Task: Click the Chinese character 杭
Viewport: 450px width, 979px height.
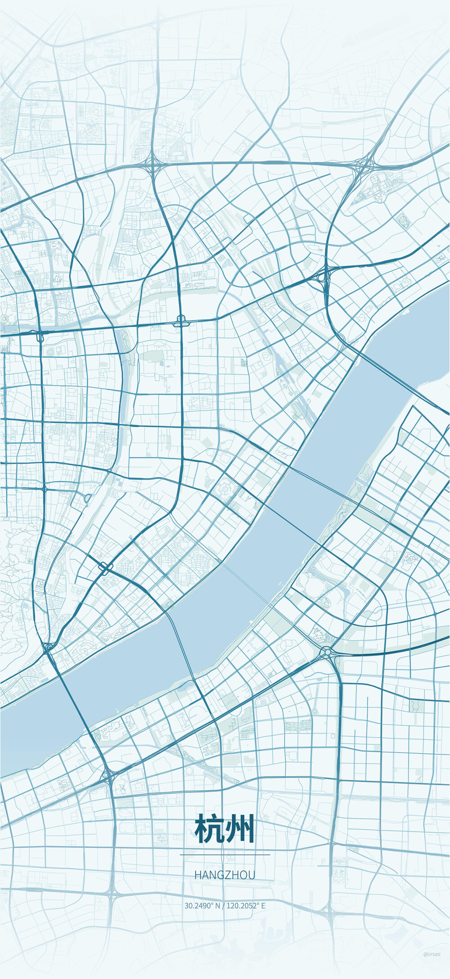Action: (210, 829)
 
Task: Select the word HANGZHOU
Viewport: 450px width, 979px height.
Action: (225, 875)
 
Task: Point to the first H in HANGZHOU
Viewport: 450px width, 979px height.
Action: (198, 875)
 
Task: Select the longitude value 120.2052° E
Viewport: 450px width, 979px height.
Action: (246, 906)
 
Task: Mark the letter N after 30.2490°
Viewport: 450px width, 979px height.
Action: (218, 906)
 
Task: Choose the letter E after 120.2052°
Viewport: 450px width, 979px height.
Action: (263, 906)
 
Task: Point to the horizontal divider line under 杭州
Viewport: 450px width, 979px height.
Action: (225, 855)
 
